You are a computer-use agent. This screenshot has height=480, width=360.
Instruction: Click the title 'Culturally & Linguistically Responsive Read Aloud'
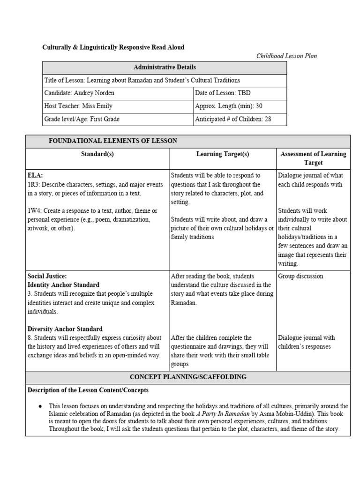113,47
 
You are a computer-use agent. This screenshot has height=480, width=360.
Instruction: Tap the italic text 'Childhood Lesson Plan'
286,56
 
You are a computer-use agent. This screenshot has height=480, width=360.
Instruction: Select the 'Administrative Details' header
165,67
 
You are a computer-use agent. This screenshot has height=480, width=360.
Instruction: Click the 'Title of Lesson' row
142,80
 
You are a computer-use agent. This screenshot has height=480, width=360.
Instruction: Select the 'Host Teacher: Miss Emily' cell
78,106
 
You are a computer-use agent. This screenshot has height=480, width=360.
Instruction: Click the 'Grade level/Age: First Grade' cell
82,119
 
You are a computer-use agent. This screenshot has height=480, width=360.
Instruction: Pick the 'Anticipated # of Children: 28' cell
233,119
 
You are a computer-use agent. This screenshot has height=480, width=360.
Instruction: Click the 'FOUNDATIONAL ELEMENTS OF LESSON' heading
113,141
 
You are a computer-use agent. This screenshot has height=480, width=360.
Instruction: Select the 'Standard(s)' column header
97,154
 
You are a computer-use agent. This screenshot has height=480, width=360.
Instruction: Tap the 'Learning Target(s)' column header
222,154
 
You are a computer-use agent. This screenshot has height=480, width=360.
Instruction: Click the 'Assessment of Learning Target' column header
313,158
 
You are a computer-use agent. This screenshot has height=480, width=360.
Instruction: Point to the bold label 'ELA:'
35,175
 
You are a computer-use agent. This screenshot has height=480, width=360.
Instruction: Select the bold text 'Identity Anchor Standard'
63,285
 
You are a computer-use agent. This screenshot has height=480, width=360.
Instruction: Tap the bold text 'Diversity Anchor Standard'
65,329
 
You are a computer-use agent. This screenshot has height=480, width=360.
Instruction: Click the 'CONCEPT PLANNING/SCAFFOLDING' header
187,377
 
